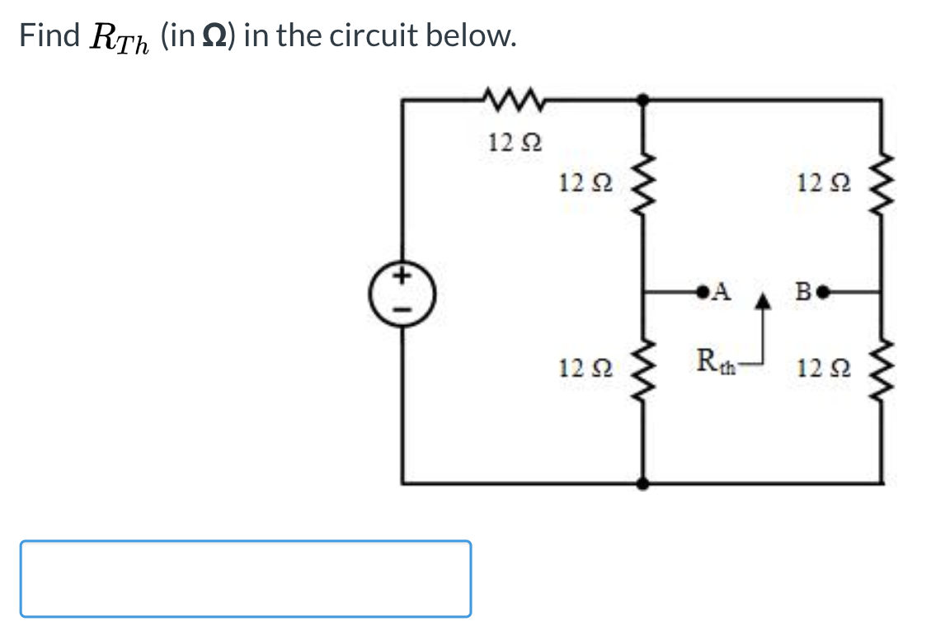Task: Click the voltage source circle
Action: pyautogui.click(x=402, y=292)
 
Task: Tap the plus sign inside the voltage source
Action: pyautogui.click(x=403, y=275)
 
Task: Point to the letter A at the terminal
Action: pyautogui.click(x=722, y=290)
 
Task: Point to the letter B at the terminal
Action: pyautogui.click(x=802, y=291)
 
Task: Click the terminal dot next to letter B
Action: pyautogui.click(x=820, y=291)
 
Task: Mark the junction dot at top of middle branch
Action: pyautogui.click(x=644, y=99)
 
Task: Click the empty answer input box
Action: pyautogui.click(x=246, y=578)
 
